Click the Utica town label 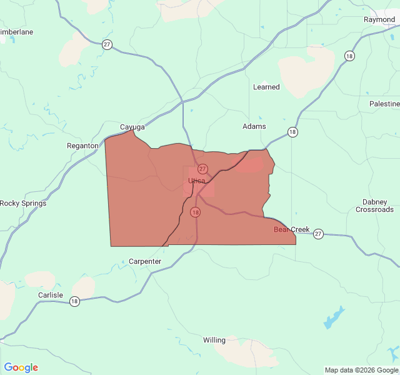(196, 181)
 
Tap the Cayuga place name (132, 127)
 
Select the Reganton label (82, 146)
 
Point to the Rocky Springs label (23, 203)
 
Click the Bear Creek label (291, 229)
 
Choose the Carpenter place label (145, 261)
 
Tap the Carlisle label (50, 295)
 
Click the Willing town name (214, 340)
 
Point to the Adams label (254, 126)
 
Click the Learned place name (266, 87)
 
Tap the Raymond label (379, 19)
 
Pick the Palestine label (384, 103)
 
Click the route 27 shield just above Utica (202, 169)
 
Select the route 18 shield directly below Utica (196, 212)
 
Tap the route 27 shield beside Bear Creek (318, 233)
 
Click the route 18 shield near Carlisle (74, 301)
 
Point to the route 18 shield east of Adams (292, 132)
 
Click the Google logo (21, 367)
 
